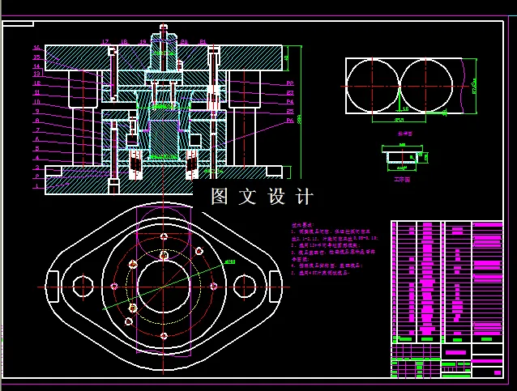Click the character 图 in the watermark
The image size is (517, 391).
click(x=219, y=197)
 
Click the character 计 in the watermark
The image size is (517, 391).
click(x=304, y=197)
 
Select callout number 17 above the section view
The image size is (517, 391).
click(x=105, y=41)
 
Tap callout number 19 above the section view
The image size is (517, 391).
click(x=143, y=41)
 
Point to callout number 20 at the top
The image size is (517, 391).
click(x=184, y=41)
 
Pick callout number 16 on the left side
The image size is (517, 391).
click(x=36, y=48)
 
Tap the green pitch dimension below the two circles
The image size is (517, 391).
click(x=399, y=119)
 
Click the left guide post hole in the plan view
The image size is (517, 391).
click(x=83, y=287)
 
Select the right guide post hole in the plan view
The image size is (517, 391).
click(x=245, y=287)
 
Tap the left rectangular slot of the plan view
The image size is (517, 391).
click(x=50, y=287)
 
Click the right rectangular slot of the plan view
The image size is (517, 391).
click(x=276, y=287)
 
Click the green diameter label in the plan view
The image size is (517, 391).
click(x=229, y=261)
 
